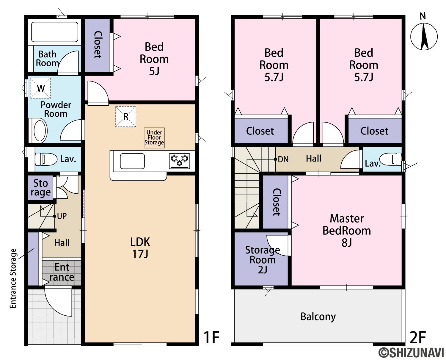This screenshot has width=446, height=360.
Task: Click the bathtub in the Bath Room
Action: pyautogui.click(x=54, y=32)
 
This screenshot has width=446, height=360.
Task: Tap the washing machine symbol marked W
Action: pyautogui.click(x=40, y=88)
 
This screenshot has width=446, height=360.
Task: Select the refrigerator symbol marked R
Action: pyautogui.click(x=126, y=117)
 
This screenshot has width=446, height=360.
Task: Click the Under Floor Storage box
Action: pyautogui.click(x=154, y=138)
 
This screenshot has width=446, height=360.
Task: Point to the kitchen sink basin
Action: pyautogui.click(x=132, y=161)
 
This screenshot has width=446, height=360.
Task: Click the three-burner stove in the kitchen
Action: pyautogui.click(x=180, y=161)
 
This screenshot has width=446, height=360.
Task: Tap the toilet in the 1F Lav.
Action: pyautogui.click(x=46, y=159)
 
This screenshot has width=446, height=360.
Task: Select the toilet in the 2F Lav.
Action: pyautogui.click(x=391, y=159)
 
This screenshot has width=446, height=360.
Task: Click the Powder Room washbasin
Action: pyautogui.click(x=40, y=131)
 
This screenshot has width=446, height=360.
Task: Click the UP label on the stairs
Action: pyautogui.click(x=62, y=216)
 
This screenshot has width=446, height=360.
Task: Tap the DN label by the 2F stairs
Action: pyautogui.click(x=283, y=159)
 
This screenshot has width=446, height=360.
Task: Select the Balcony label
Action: pyautogui.click(x=318, y=317)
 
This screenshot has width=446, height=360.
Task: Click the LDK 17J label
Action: pyautogui.click(x=140, y=248)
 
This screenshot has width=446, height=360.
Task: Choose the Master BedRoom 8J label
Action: pyautogui.click(x=347, y=231)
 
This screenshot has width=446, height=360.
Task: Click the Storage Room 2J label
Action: pyautogui.click(x=263, y=260)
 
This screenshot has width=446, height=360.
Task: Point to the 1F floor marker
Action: pyautogui.click(x=211, y=338)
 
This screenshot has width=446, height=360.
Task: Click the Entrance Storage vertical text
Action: pyautogui.click(x=13, y=278)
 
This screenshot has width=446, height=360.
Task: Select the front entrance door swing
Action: pyautogui.click(x=58, y=301)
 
